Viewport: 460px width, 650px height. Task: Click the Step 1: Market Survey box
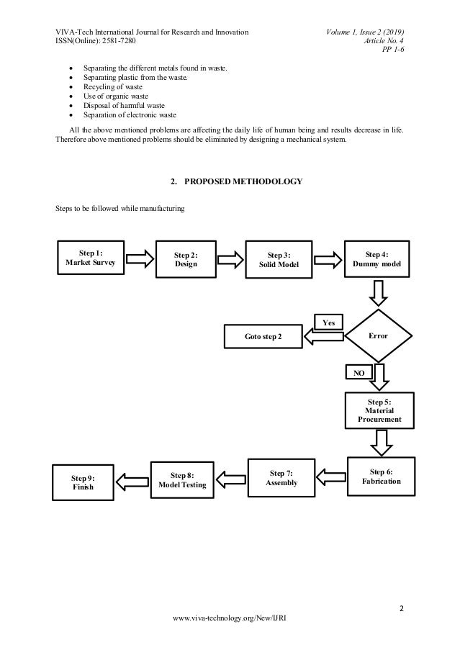(90, 258)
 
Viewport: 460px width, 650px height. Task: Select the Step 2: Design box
(185, 260)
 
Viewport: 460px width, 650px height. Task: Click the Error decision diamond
(378, 335)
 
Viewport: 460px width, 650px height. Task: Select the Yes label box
(328, 322)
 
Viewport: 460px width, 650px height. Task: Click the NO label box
(358, 373)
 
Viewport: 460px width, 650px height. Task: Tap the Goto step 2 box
(263, 336)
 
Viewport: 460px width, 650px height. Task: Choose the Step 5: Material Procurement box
(379, 410)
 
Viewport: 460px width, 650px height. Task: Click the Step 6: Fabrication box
(382, 476)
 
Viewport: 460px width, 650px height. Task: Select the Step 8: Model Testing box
(182, 480)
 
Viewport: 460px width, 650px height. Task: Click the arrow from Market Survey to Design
(139, 258)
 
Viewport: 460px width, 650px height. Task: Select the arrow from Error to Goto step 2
(323, 337)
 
